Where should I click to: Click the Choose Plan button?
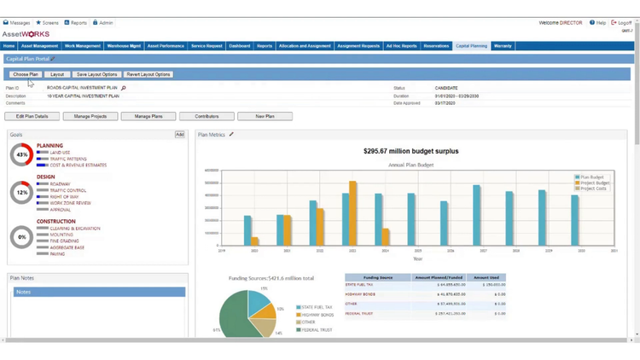[26, 74]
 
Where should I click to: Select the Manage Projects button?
[90, 116]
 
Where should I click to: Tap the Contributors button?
[207, 116]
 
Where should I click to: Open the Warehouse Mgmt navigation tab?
[124, 46]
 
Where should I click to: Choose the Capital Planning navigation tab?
[471, 46]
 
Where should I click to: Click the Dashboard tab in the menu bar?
[239, 46]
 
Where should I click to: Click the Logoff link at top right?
[624, 23]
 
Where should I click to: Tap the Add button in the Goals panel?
[179, 135]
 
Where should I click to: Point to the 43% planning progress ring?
[21, 154]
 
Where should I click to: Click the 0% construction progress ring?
[21, 237]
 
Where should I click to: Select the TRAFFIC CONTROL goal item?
[67, 190]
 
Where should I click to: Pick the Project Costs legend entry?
[595, 189]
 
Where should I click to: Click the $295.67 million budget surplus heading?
[412, 151]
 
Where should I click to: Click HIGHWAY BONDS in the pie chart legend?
[317, 315]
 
